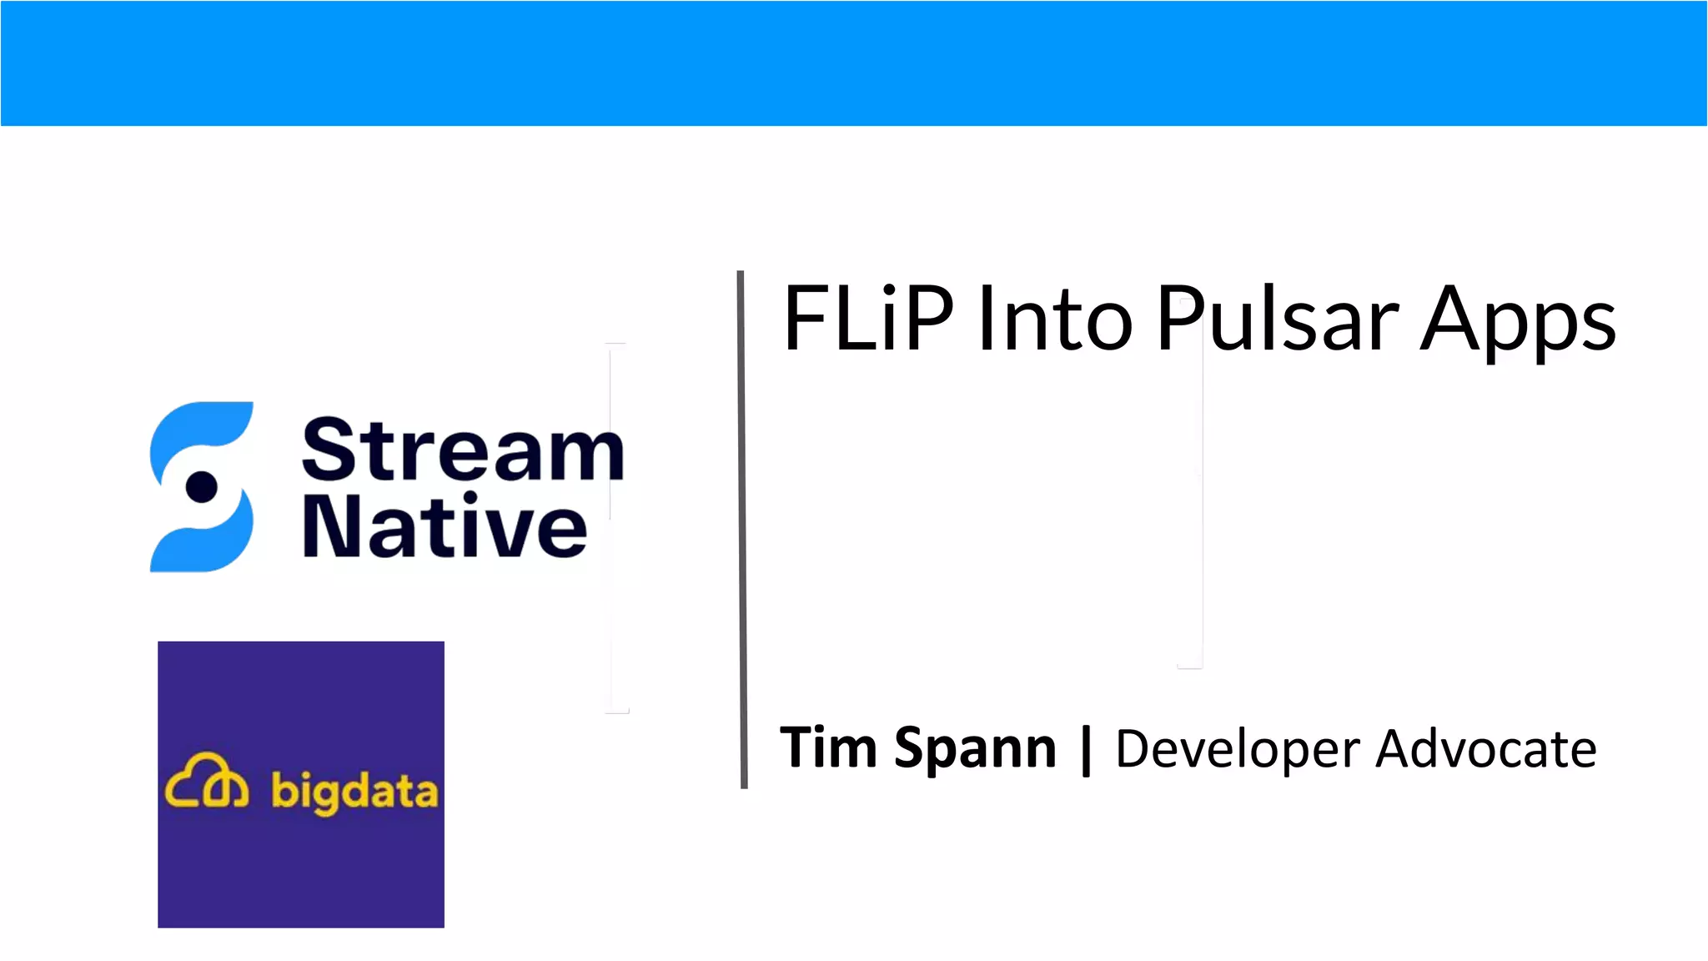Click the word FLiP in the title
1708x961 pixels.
[867, 319]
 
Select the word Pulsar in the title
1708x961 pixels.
[1277, 319]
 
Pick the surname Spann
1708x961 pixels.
[975, 749]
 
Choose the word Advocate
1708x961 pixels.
[1486, 748]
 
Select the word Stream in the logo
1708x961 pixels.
[463, 450]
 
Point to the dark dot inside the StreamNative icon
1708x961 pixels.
[202, 486]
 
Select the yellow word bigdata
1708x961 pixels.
[354, 791]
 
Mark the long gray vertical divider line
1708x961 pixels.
[742, 529]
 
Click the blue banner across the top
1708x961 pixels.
[854, 63]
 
